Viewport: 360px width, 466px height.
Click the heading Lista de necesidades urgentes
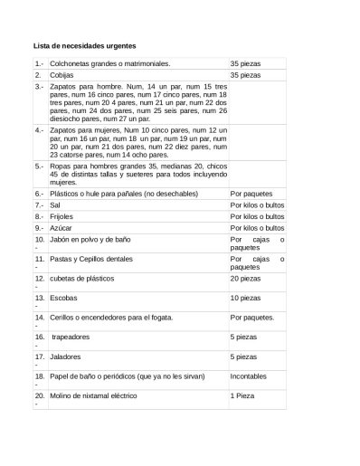click(85, 45)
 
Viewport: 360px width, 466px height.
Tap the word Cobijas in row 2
click(63, 76)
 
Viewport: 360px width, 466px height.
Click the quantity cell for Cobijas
click(245, 76)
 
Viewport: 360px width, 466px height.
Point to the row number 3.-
click(39, 87)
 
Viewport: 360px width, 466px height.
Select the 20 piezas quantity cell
click(245, 278)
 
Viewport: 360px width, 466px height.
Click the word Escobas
click(63, 297)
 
